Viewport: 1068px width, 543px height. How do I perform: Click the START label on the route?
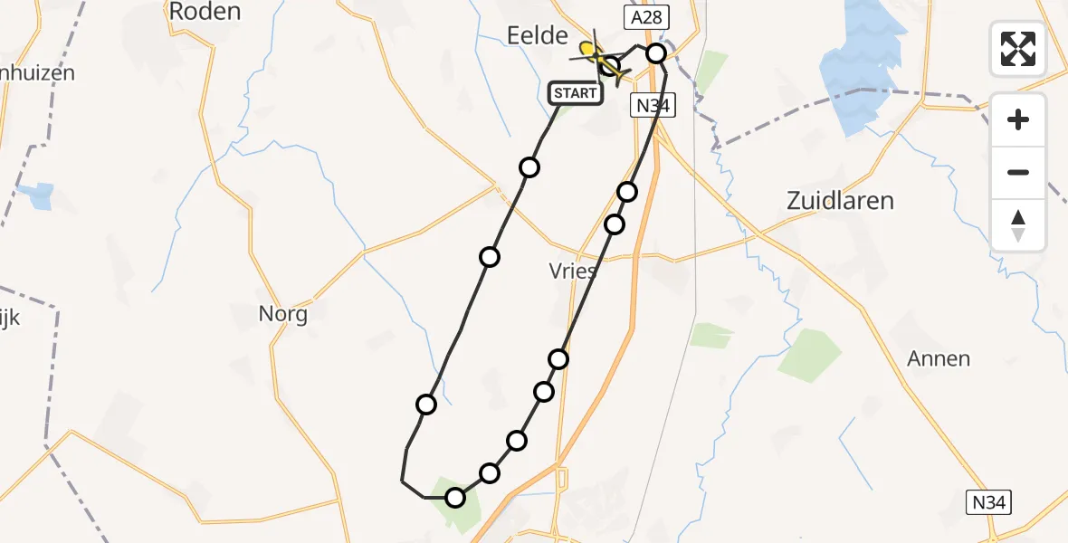(576, 93)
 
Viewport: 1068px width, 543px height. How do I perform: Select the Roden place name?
(205, 12)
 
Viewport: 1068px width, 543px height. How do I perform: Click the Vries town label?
(573, 271)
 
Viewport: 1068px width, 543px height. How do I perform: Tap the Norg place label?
(283, 315)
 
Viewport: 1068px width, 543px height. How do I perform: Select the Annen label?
(939, 358)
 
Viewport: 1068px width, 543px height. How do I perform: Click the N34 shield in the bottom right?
(988, 503)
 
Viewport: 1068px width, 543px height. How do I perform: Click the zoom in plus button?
(1018, 119)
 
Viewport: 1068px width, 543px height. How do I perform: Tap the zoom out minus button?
(1018, 172)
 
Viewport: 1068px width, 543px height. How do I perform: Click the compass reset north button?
(1018, 224)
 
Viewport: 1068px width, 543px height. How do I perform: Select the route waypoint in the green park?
(455, 497)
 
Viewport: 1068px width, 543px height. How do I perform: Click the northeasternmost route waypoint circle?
(656, 54)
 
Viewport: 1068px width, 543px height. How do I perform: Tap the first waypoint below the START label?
(529, 167)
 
